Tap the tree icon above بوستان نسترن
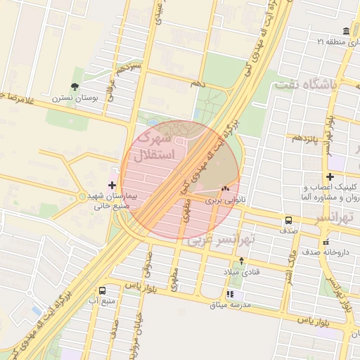tap(75, 89)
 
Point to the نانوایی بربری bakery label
tap(224, 200)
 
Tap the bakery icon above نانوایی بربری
tap(226, 189)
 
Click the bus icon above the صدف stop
tap(289, 220)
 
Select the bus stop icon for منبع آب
tap(103, 290)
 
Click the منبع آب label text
tap(103, 301)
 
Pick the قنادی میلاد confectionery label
tap(241, 272)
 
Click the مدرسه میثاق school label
tap(229, 304)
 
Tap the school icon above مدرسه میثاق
tap(229, 293)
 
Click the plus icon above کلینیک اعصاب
tap(330, 176)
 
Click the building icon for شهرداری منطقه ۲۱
tap(345, 32)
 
